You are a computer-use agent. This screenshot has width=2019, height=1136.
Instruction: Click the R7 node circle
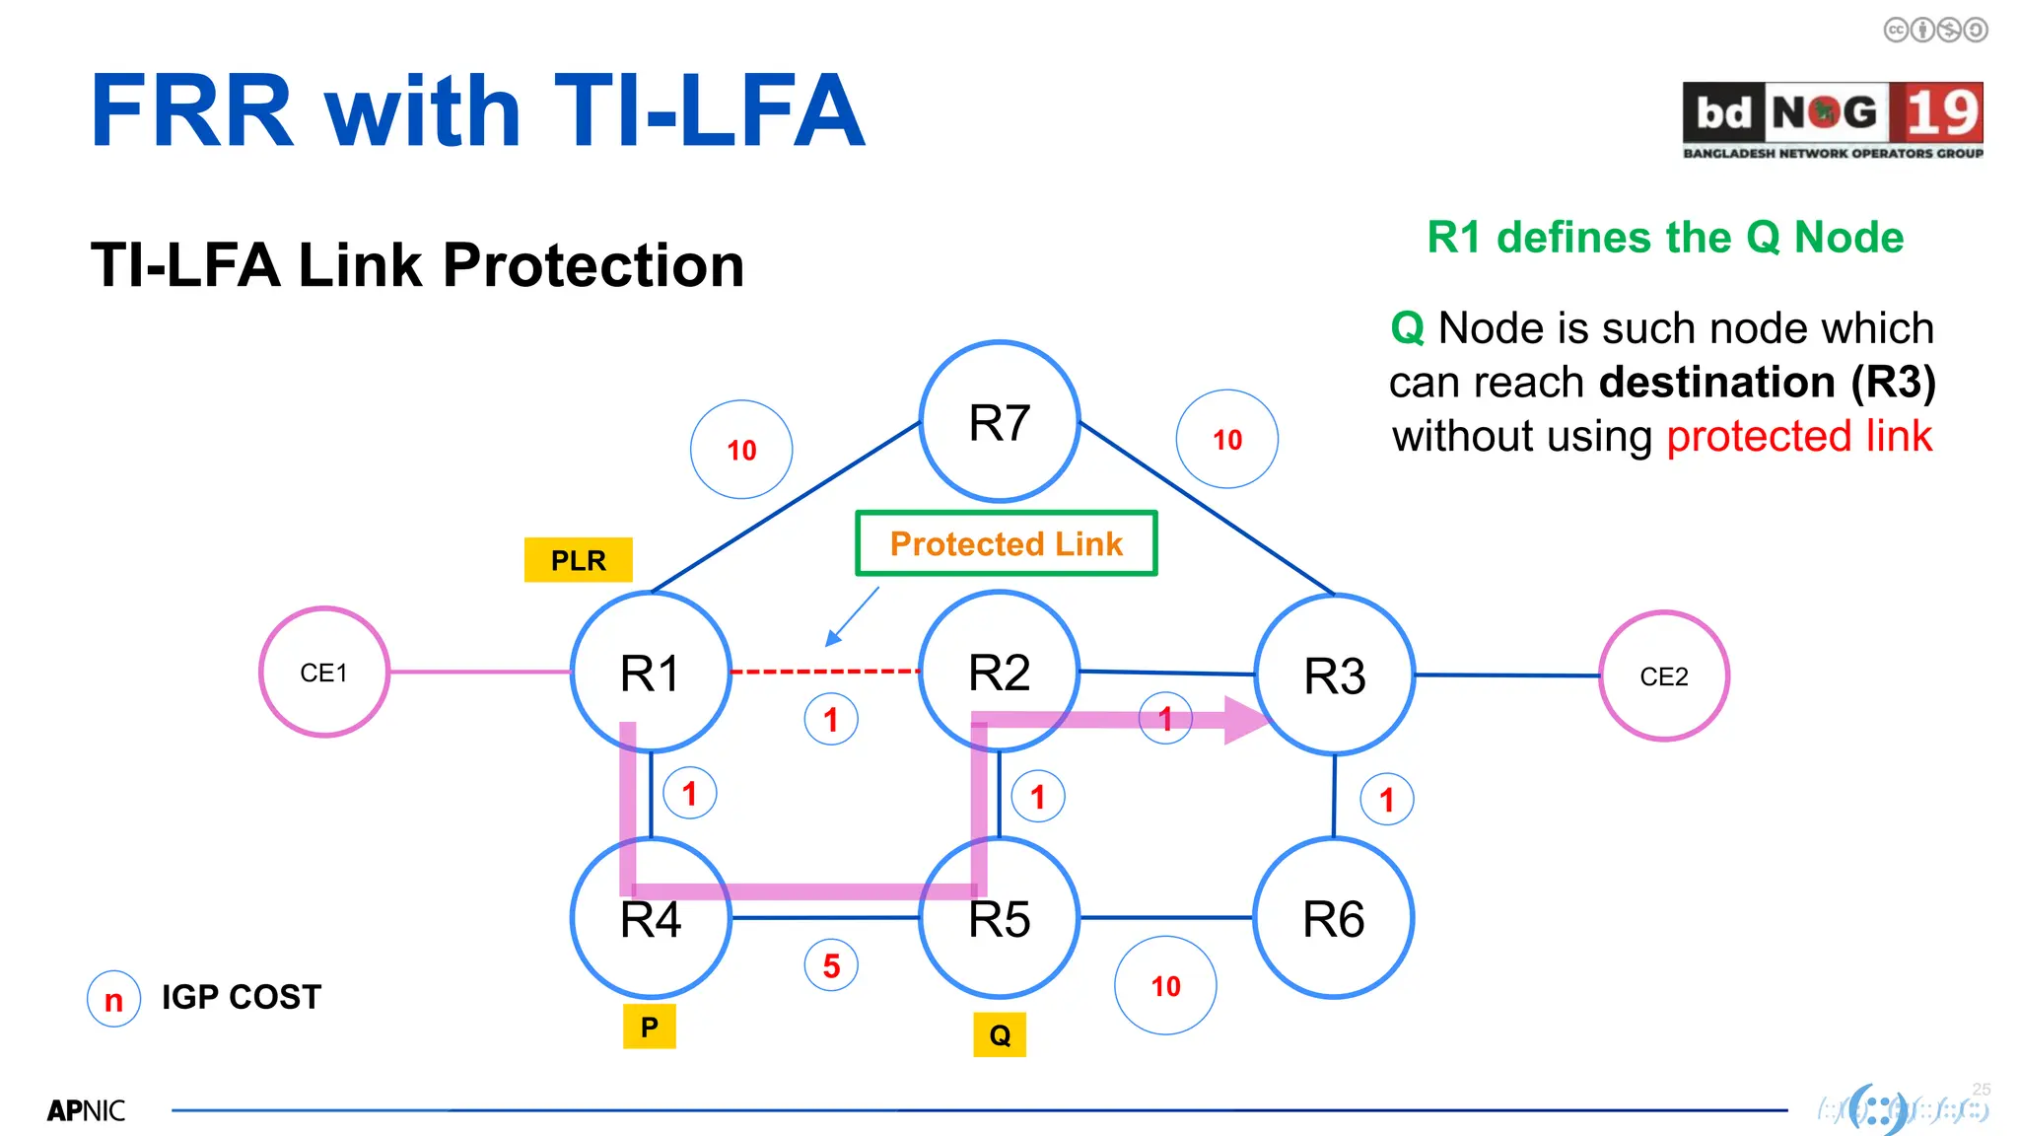tap(999, 422)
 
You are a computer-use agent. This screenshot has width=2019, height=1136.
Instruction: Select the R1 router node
tap(651, 673)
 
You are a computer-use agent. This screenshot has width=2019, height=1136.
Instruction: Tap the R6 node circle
tap(1333, 918)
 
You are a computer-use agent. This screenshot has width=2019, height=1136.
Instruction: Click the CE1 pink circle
tap(324, 673)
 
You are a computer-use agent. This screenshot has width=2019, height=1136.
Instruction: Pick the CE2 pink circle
tap(1663, 676)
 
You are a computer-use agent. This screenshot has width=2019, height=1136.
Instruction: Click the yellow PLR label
tap(578, 560)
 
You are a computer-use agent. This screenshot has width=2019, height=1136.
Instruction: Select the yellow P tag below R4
tap(649, 1028)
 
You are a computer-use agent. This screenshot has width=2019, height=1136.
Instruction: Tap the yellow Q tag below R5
tap(999, 1035)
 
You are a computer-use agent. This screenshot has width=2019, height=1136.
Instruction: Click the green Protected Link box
tap(1006, 543)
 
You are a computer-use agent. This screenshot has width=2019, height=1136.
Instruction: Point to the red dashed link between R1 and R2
tap(824, 672)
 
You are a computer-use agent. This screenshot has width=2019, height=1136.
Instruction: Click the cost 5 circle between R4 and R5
tap(831, 965)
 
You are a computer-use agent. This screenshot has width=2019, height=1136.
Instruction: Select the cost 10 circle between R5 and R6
tap(1165, 985)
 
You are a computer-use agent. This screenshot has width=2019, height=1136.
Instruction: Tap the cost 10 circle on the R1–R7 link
tap(741, 450)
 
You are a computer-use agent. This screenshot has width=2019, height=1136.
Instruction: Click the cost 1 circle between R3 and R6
tap(1386, 800)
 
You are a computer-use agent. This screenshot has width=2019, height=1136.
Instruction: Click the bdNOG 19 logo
tap(1833, 119)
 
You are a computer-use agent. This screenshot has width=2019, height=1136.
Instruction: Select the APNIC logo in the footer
tap(86, 1111)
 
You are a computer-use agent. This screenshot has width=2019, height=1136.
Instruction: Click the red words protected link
tap(1798, 436)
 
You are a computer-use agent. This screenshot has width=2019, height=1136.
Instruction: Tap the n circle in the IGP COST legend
tap(113, 999)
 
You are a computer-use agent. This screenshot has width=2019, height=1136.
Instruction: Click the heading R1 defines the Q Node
tap(1665, 238)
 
